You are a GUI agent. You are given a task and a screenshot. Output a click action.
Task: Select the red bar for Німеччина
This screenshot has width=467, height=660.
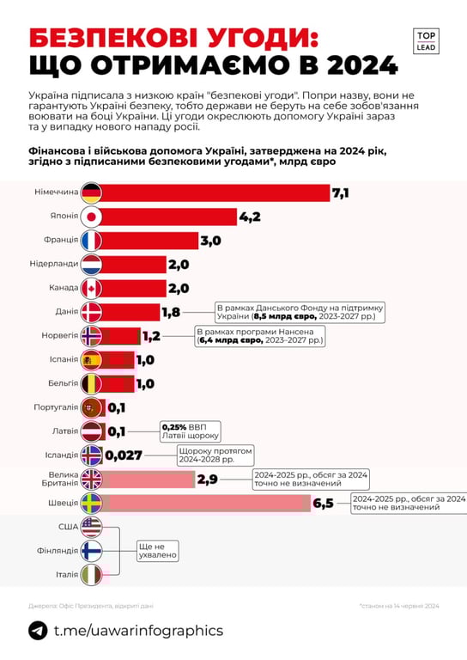pyautogui.click(x=215, y=193)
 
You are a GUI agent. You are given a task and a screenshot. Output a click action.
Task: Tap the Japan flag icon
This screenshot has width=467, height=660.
pyautogui.click(x=90, y=217)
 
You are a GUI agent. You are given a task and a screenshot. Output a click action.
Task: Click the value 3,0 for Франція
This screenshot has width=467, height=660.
pyautogui.click(x=211, y=241)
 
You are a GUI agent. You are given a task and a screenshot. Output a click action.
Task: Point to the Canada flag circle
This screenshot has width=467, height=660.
pyautogui.click(x=90, y=288)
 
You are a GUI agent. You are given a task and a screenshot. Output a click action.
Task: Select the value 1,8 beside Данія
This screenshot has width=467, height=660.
pyautogui.click(x=172, y=312)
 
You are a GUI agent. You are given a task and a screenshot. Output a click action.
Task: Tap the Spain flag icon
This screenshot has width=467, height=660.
pyautogui.click(x=90, y=359)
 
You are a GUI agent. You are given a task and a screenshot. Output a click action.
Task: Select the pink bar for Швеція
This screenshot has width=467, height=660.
pyautogui.click(x=206, y=503)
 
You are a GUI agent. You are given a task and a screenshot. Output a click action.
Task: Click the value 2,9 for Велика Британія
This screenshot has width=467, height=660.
pyautogui.click(x=207, y=479)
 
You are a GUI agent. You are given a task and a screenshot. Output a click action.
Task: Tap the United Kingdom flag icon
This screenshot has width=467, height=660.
pyautogui.click(x=90, y=479)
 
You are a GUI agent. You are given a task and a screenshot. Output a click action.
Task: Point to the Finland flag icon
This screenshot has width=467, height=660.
pyautogui.click(x=90, y=550)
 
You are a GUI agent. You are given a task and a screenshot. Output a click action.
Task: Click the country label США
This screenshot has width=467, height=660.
pyautogui.click(x=68, y=526)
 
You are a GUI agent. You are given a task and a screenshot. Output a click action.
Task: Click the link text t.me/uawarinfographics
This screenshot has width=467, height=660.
pyautogui.click(x=137, y=631)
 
